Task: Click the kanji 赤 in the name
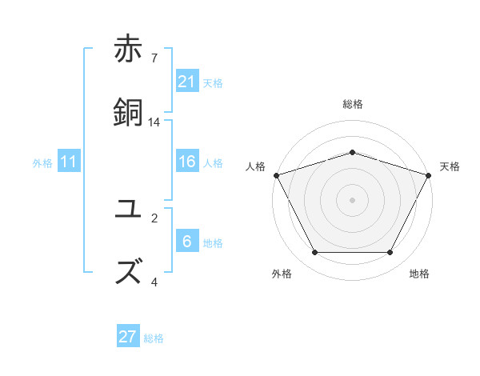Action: [x=129, y=50]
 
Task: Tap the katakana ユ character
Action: [x=129, y=210]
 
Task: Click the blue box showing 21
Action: [x=187, y=82]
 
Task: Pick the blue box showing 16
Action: [x=187, y=162]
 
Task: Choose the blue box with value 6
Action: [x=187, y=242]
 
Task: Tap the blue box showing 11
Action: [x=69, y=162]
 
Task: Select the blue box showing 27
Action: [x=128, y=337]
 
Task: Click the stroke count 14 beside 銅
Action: [x=154, y=122]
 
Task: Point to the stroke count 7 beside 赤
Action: [x=154, y=58]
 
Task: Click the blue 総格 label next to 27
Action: [x=154, y=338]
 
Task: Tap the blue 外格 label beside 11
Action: [x=42, y=163]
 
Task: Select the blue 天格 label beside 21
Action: [x=213, y=83]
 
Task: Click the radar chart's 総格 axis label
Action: [x=352, y=104]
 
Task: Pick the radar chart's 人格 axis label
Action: [x=256, y=166]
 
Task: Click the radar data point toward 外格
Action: [x=314, y=253]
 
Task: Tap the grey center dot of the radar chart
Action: [x=352, y=199]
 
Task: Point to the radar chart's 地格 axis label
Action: [x=419, y=274]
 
